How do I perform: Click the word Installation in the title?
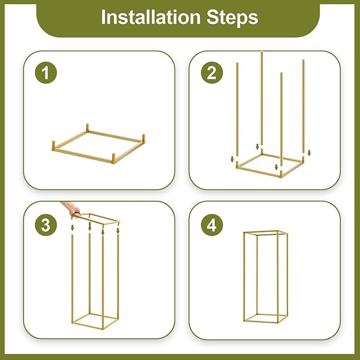click(151, 17)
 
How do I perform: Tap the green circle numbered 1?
click(46, 73)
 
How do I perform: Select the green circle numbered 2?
click(212, 73)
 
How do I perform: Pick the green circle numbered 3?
click(46, 225)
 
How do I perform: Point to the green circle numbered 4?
click(212, 225)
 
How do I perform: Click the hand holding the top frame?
click(72, 208)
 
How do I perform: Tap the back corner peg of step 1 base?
click(87, 127)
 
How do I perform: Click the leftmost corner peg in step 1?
click(54, 146)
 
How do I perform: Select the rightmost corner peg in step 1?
click(144, 138)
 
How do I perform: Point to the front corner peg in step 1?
click(113, 159)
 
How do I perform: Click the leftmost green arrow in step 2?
click(232, 159)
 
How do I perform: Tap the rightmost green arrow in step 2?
click(309, 153)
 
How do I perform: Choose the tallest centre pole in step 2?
click(262, 99)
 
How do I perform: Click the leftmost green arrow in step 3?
click(72, 228)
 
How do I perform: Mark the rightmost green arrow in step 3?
click(118, 231)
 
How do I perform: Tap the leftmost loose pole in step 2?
click(237, 109)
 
